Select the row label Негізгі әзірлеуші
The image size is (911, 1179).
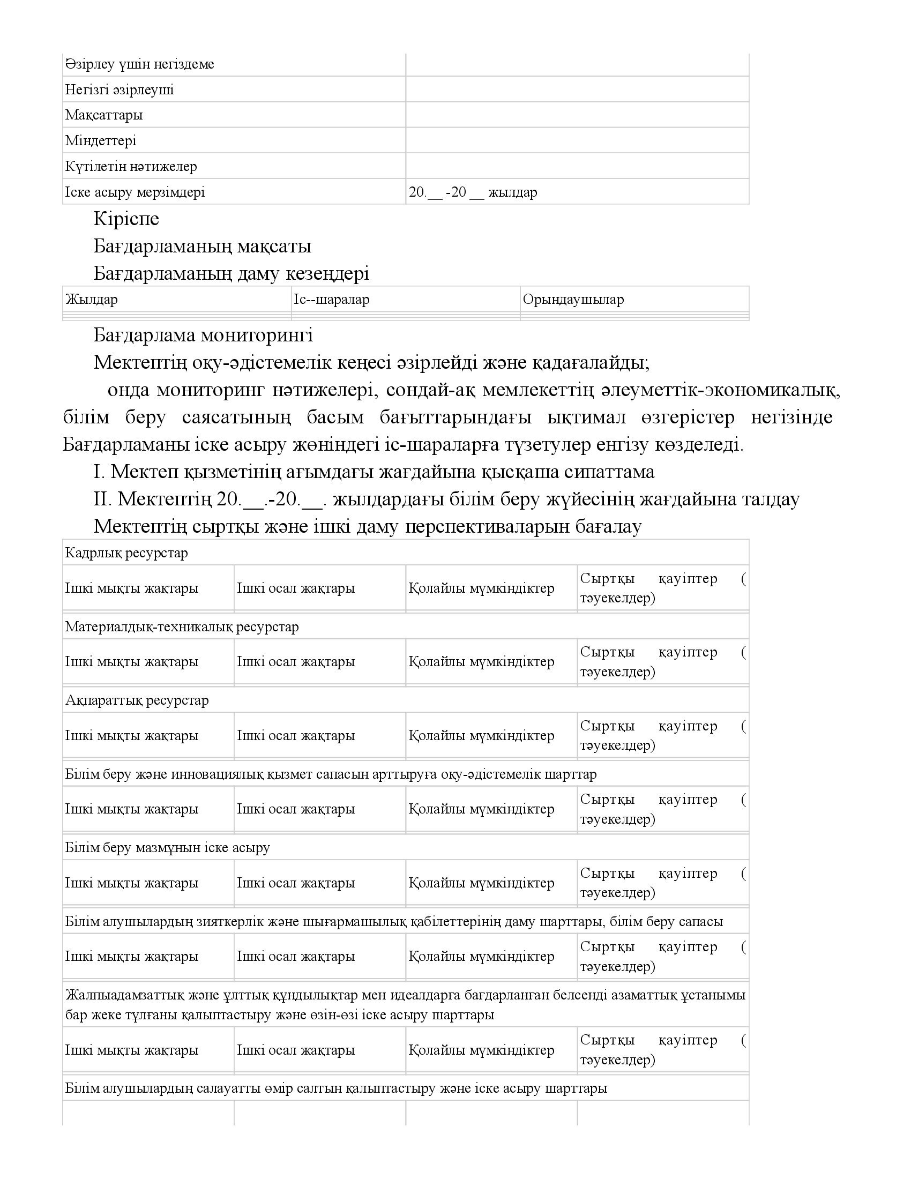[x=120, y=89]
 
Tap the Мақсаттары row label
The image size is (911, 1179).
[x=103, y=115]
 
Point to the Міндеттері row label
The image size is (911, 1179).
[x=101, y=141]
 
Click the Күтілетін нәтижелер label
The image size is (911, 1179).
[x=131, y=166]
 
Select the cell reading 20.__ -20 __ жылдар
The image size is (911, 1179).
[x=473, y=192]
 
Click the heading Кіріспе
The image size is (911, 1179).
[x=126, y=219]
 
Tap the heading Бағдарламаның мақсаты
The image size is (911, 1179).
[x=203, y=246]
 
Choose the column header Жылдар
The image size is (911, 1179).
[x=92, y=300]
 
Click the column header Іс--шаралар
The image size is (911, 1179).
[x=331, y=300]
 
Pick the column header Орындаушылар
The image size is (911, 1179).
[x=573, y=300]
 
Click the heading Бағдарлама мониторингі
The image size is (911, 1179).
[x=203, y=335]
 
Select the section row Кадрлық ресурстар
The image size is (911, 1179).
[x=127, y=553]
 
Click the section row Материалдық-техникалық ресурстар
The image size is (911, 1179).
[x=182, y=627]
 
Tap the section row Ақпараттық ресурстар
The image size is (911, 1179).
[x=137, y=700]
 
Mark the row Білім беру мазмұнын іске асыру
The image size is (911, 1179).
[x=168, y=848]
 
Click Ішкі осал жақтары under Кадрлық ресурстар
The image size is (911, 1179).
[x=296, y=588]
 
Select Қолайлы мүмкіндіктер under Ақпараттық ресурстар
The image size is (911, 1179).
[x=481, y=735]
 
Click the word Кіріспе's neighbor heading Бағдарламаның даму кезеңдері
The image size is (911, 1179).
[x=231, y=274]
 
